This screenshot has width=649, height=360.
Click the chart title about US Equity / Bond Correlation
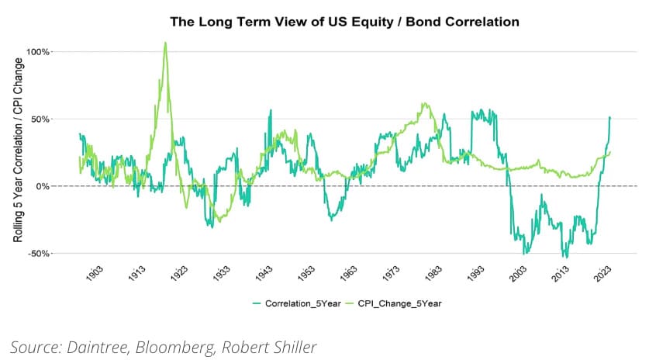click(344, 22)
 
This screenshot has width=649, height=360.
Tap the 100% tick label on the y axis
click(39, 52)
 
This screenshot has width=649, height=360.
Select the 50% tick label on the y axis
click(41, 119)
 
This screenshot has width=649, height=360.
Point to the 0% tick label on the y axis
click(43, 186)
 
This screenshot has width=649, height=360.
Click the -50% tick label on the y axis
click(40, 254)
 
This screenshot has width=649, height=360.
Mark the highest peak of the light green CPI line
click(165, 43)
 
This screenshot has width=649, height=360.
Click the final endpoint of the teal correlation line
click(610, 117)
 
